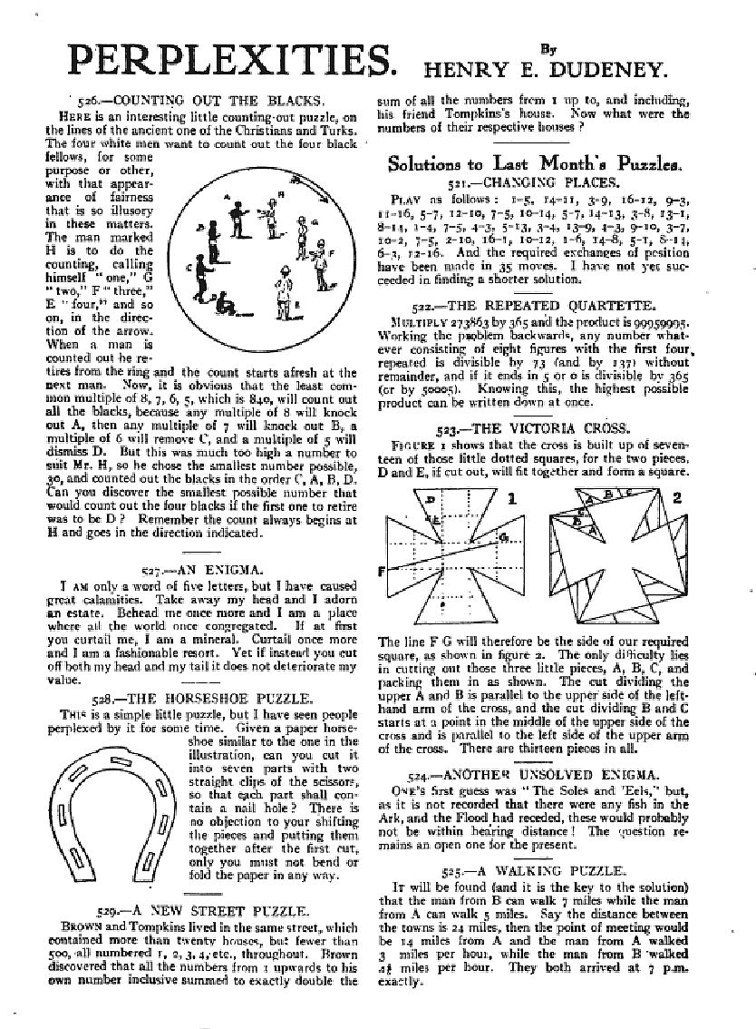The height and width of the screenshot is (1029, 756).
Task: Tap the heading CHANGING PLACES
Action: coord(555,182)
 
